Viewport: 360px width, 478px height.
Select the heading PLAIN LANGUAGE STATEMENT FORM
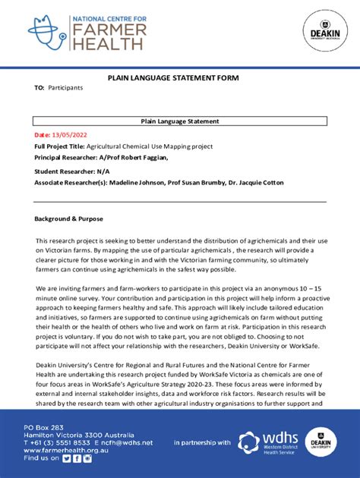(x=180, y=77)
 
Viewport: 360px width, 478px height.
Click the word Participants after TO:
(x=65, y=88)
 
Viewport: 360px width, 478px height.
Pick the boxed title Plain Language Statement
(x=180, y=121)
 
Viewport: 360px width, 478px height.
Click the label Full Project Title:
(x=59, y=146)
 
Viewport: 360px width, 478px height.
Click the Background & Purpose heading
(x=68, y=219)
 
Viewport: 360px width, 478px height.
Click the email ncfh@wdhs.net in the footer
(x=127, y=442)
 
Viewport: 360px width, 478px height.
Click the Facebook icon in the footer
(x=76, y=458)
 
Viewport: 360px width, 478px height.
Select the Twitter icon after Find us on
(x=66, y=458)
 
